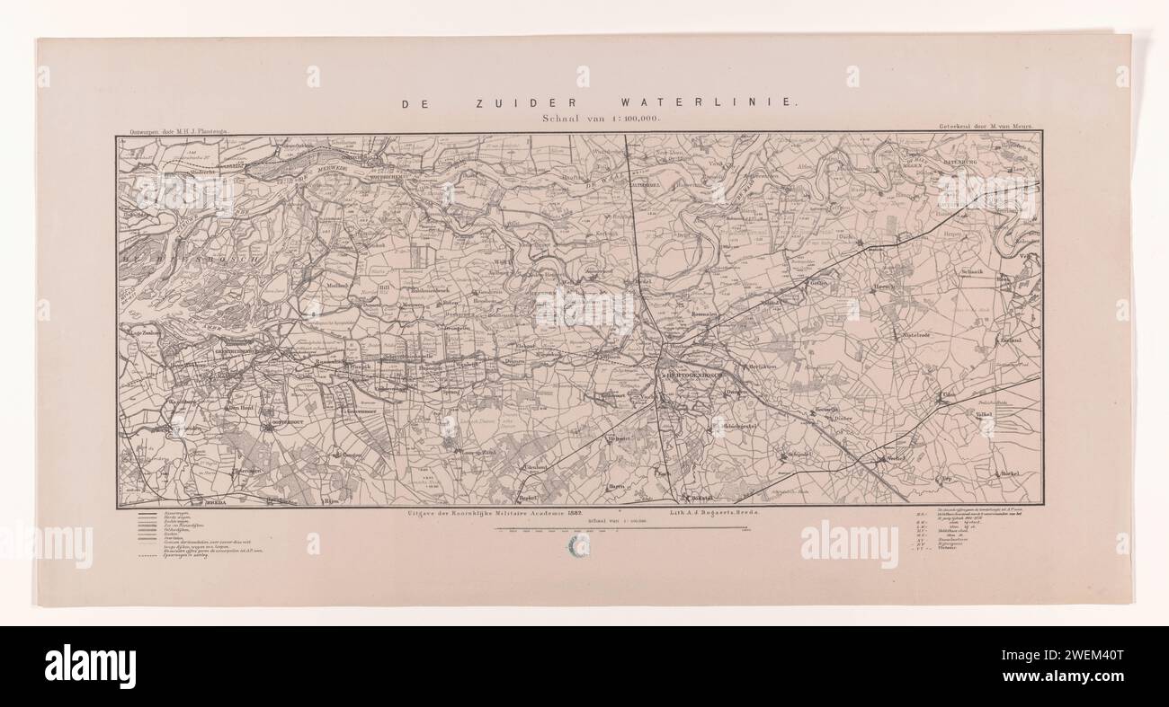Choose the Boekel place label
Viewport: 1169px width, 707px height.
point(1011,473)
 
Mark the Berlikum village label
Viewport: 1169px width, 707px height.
point(763,368)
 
